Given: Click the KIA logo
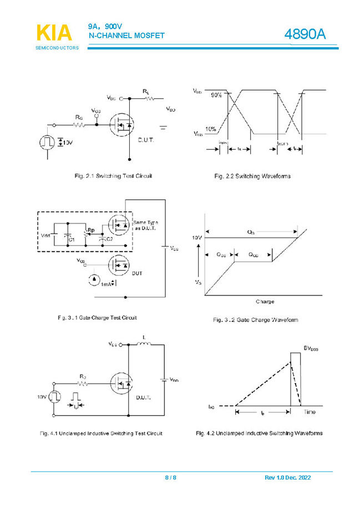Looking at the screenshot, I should click(x=54, y=33).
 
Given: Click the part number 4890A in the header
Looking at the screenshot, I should click(x=305, y=34).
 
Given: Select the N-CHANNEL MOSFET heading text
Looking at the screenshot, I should click(x=126, y=36).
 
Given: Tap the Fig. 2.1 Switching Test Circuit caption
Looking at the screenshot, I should click(x=113, y=176).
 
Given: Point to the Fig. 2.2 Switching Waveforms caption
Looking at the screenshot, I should click(x=252, y=177).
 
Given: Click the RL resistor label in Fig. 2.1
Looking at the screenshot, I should click(x=145, y=90).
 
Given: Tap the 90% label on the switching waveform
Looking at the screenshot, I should click(x=216, y=95).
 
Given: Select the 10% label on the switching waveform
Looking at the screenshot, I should click(x=211, y=129).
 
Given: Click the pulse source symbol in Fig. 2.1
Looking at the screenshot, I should click(x=47, y=142).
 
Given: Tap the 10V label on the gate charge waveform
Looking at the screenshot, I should click(x=197, y=238).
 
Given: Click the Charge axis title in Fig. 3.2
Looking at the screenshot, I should click(x=265, y=302).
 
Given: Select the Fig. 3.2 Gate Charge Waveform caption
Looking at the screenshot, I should click(x=256, y=320).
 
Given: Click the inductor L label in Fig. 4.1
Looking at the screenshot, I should click(x=144, y=337).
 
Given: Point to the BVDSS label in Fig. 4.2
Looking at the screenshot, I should click(x=311, y=348).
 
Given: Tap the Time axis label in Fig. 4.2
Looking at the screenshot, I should click(x=310, y=412).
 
